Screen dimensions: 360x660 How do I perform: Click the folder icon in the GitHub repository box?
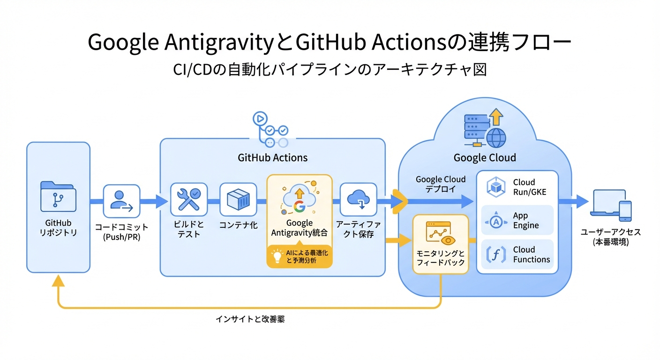(58, 196)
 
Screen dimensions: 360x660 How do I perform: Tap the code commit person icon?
(121, 201)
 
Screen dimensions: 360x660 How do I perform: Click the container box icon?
(238, 199)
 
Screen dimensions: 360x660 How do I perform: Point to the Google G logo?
(299, 206)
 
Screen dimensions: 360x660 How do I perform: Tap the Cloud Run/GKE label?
(529, 187)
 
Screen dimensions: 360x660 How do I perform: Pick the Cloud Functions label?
(531, 255)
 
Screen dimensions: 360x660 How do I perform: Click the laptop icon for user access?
(608, 202)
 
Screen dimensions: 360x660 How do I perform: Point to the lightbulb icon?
(276, 256)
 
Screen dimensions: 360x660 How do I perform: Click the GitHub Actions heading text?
(273, 157)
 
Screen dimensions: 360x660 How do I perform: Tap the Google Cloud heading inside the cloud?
(485, 157)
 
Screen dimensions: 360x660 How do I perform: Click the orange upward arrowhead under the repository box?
(58, 280)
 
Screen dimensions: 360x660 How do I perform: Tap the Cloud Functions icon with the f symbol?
(496, 255)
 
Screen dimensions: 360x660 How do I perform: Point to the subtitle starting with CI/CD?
(330, 69)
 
